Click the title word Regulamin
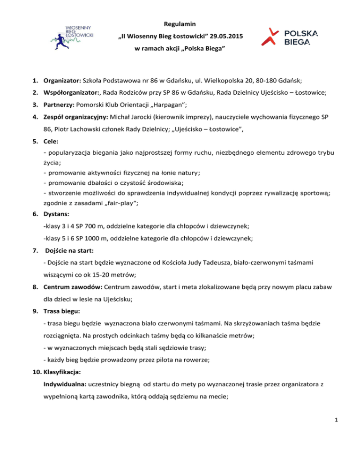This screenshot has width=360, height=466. pos(180,23)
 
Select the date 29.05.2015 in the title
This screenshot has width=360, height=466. pos(224,36)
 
